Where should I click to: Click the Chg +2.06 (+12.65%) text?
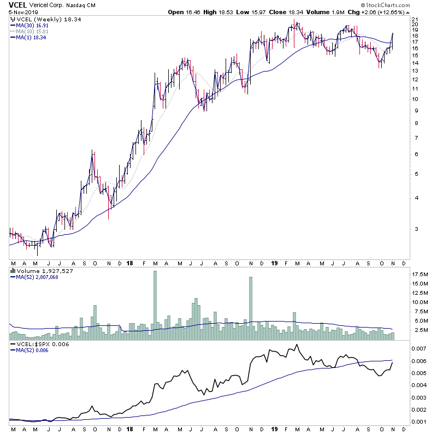click(x=400, y=12)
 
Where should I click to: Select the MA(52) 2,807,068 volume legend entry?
click(x=37, y=277)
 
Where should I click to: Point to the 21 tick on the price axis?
click(x=415, y=19)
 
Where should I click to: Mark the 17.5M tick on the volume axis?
click(x=419, y=274)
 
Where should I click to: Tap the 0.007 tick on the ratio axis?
click(x=418, y=348)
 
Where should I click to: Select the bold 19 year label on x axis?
click(x=274, y=263)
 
